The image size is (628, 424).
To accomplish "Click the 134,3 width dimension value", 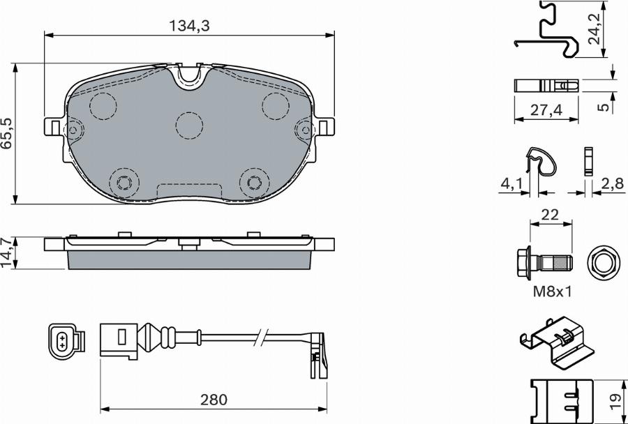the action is [189, 26].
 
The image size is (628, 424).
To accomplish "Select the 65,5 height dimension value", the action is [7, 133].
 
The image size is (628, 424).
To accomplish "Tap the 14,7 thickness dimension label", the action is [7, 252].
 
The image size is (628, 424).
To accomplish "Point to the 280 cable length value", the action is [214, 399].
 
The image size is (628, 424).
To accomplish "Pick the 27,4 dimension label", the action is [546, 109].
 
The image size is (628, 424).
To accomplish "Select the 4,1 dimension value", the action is [512, 184].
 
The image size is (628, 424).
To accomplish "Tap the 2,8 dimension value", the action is [613, 184].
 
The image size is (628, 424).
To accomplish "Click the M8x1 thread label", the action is [552, 292].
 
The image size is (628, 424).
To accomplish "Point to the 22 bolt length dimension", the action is [550, 215].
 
